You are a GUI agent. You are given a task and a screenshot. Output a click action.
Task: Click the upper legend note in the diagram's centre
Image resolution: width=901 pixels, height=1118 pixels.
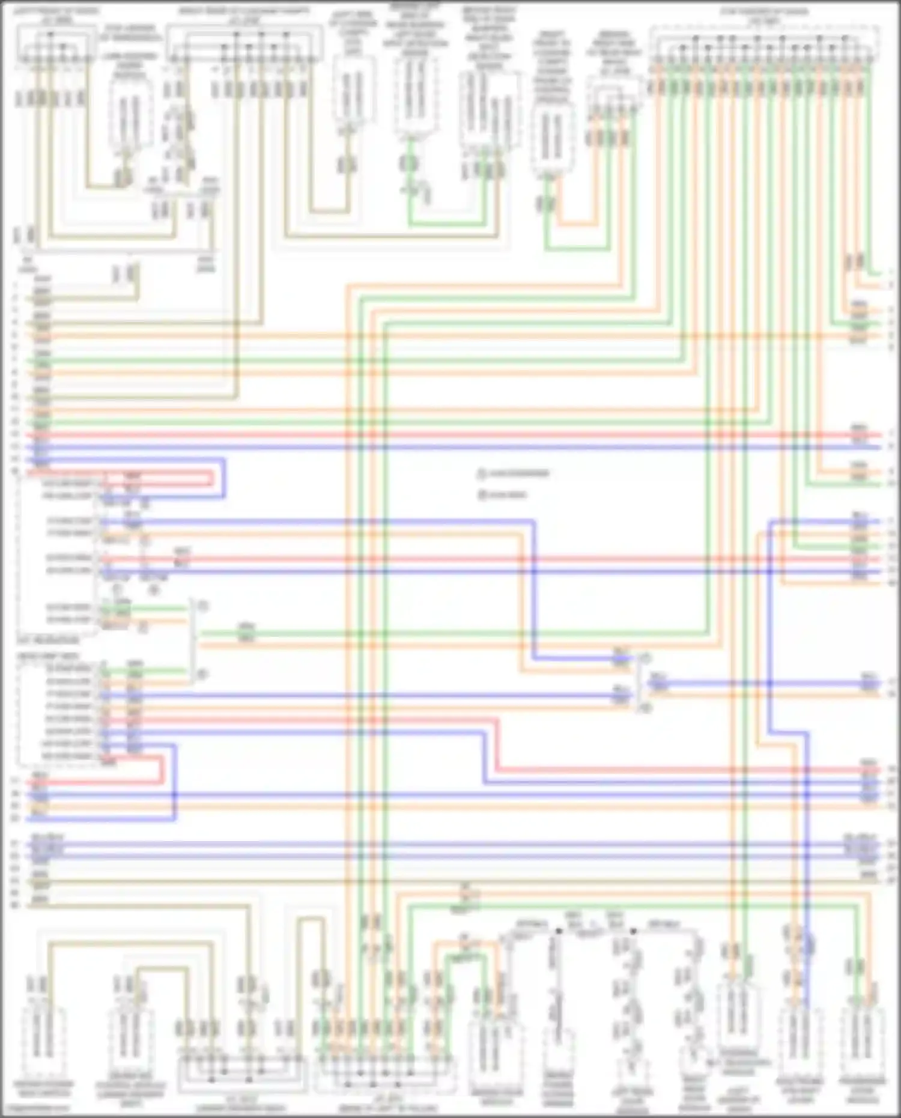click(514, 474)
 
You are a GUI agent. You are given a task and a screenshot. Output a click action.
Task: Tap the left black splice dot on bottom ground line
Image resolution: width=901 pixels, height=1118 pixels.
click(559, 931)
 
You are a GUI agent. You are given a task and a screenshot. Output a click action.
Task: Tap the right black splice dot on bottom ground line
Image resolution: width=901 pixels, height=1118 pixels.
click(634, 931)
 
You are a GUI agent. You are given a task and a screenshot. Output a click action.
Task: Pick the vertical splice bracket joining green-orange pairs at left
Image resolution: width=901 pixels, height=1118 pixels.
click(193, 640)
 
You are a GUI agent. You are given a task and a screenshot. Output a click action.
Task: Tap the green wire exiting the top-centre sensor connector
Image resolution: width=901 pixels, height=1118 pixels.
click(410, 180)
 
